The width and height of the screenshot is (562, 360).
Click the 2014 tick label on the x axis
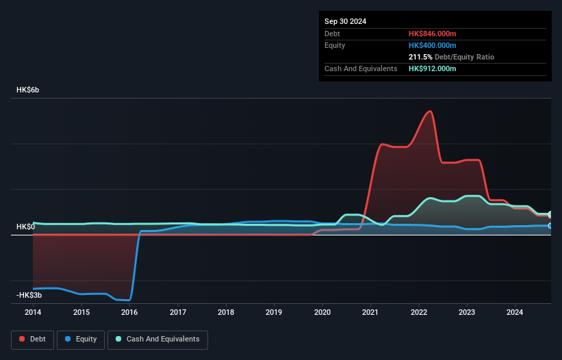(x=33, y=313)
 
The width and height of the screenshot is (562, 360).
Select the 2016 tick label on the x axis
(x=129, y=313)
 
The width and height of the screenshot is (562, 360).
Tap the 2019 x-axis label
(x=274, y=313)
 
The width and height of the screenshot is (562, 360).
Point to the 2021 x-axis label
(x=370, y=313)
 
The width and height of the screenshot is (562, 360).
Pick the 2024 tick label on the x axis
(x=515, y=313)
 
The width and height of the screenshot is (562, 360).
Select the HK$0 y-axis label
(x=25, y=227)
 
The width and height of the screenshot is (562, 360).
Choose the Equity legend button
(x=81, y=339)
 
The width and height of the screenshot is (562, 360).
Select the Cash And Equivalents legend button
(x=157, y=339)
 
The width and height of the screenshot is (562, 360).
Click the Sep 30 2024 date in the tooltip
(x=346, y=21)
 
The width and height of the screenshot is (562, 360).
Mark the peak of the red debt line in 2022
(x=430, y=111)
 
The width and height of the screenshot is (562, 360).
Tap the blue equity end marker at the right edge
(x=550, y=225)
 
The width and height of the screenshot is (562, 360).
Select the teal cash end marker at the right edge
(x=550, y=214)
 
